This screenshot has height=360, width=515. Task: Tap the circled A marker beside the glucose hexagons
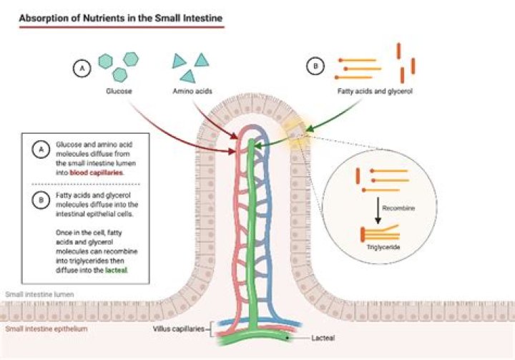click(x=82, y=68)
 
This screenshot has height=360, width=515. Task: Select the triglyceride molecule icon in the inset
click(x=377, y=231)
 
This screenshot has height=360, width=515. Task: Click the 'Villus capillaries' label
click(x=180, y=329)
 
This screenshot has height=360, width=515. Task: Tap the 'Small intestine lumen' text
click(x=41, y=295)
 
